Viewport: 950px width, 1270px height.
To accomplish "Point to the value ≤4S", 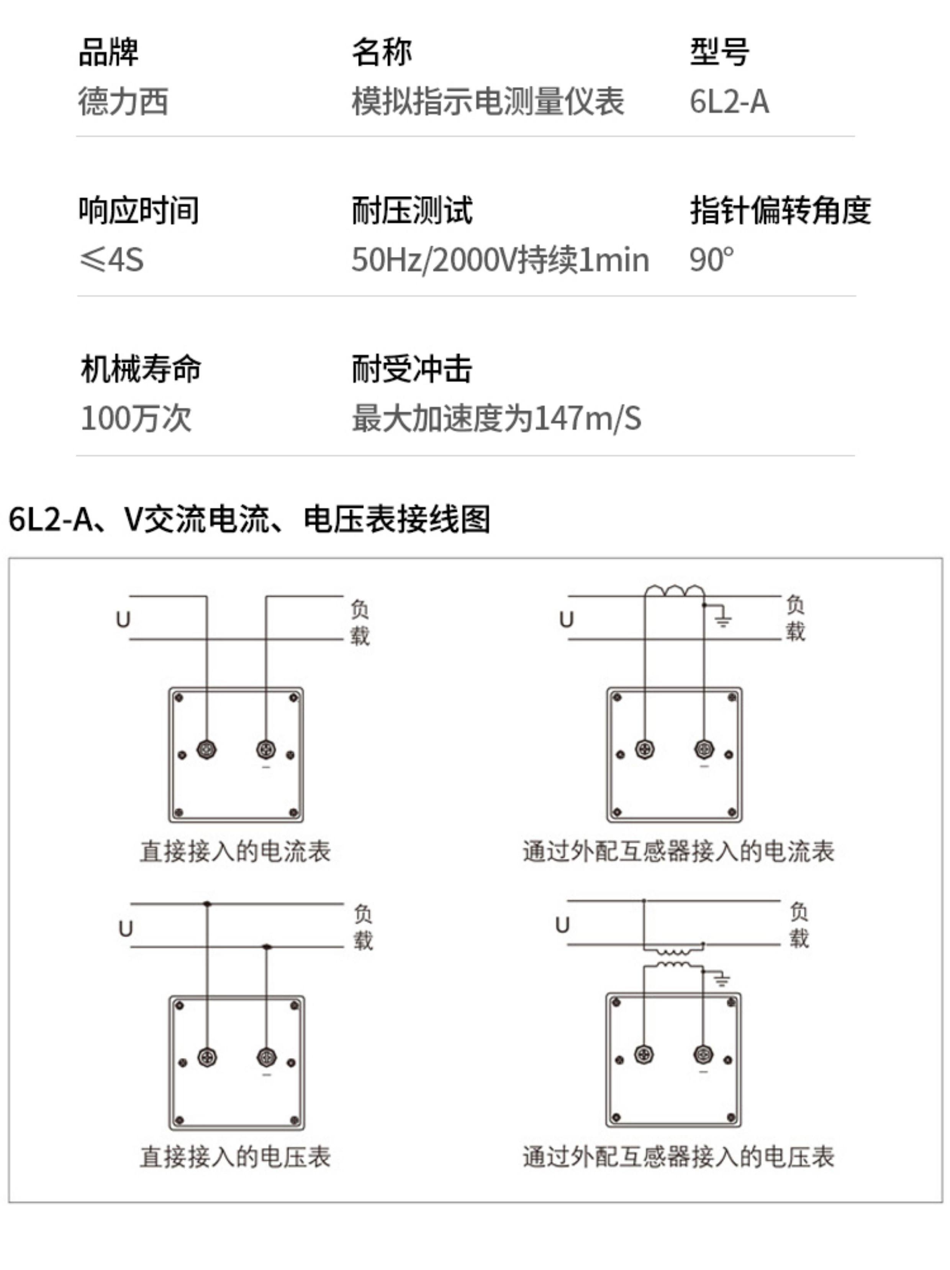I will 111,260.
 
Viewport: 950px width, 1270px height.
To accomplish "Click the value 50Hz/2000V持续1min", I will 500,260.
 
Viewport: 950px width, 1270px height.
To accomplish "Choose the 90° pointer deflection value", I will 711,260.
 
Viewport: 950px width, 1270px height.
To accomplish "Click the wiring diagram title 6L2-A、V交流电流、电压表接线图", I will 249,520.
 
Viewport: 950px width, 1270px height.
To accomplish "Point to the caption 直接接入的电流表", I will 235,851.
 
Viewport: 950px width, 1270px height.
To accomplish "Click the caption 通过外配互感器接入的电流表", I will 678,851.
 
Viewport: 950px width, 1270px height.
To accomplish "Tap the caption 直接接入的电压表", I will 235,1157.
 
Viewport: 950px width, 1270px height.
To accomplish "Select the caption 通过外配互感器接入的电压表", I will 678,1157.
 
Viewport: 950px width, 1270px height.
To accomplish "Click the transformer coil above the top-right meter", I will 674,591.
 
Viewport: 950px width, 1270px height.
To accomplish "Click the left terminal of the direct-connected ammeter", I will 206,749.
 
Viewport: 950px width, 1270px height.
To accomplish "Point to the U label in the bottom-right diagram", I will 562,925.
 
